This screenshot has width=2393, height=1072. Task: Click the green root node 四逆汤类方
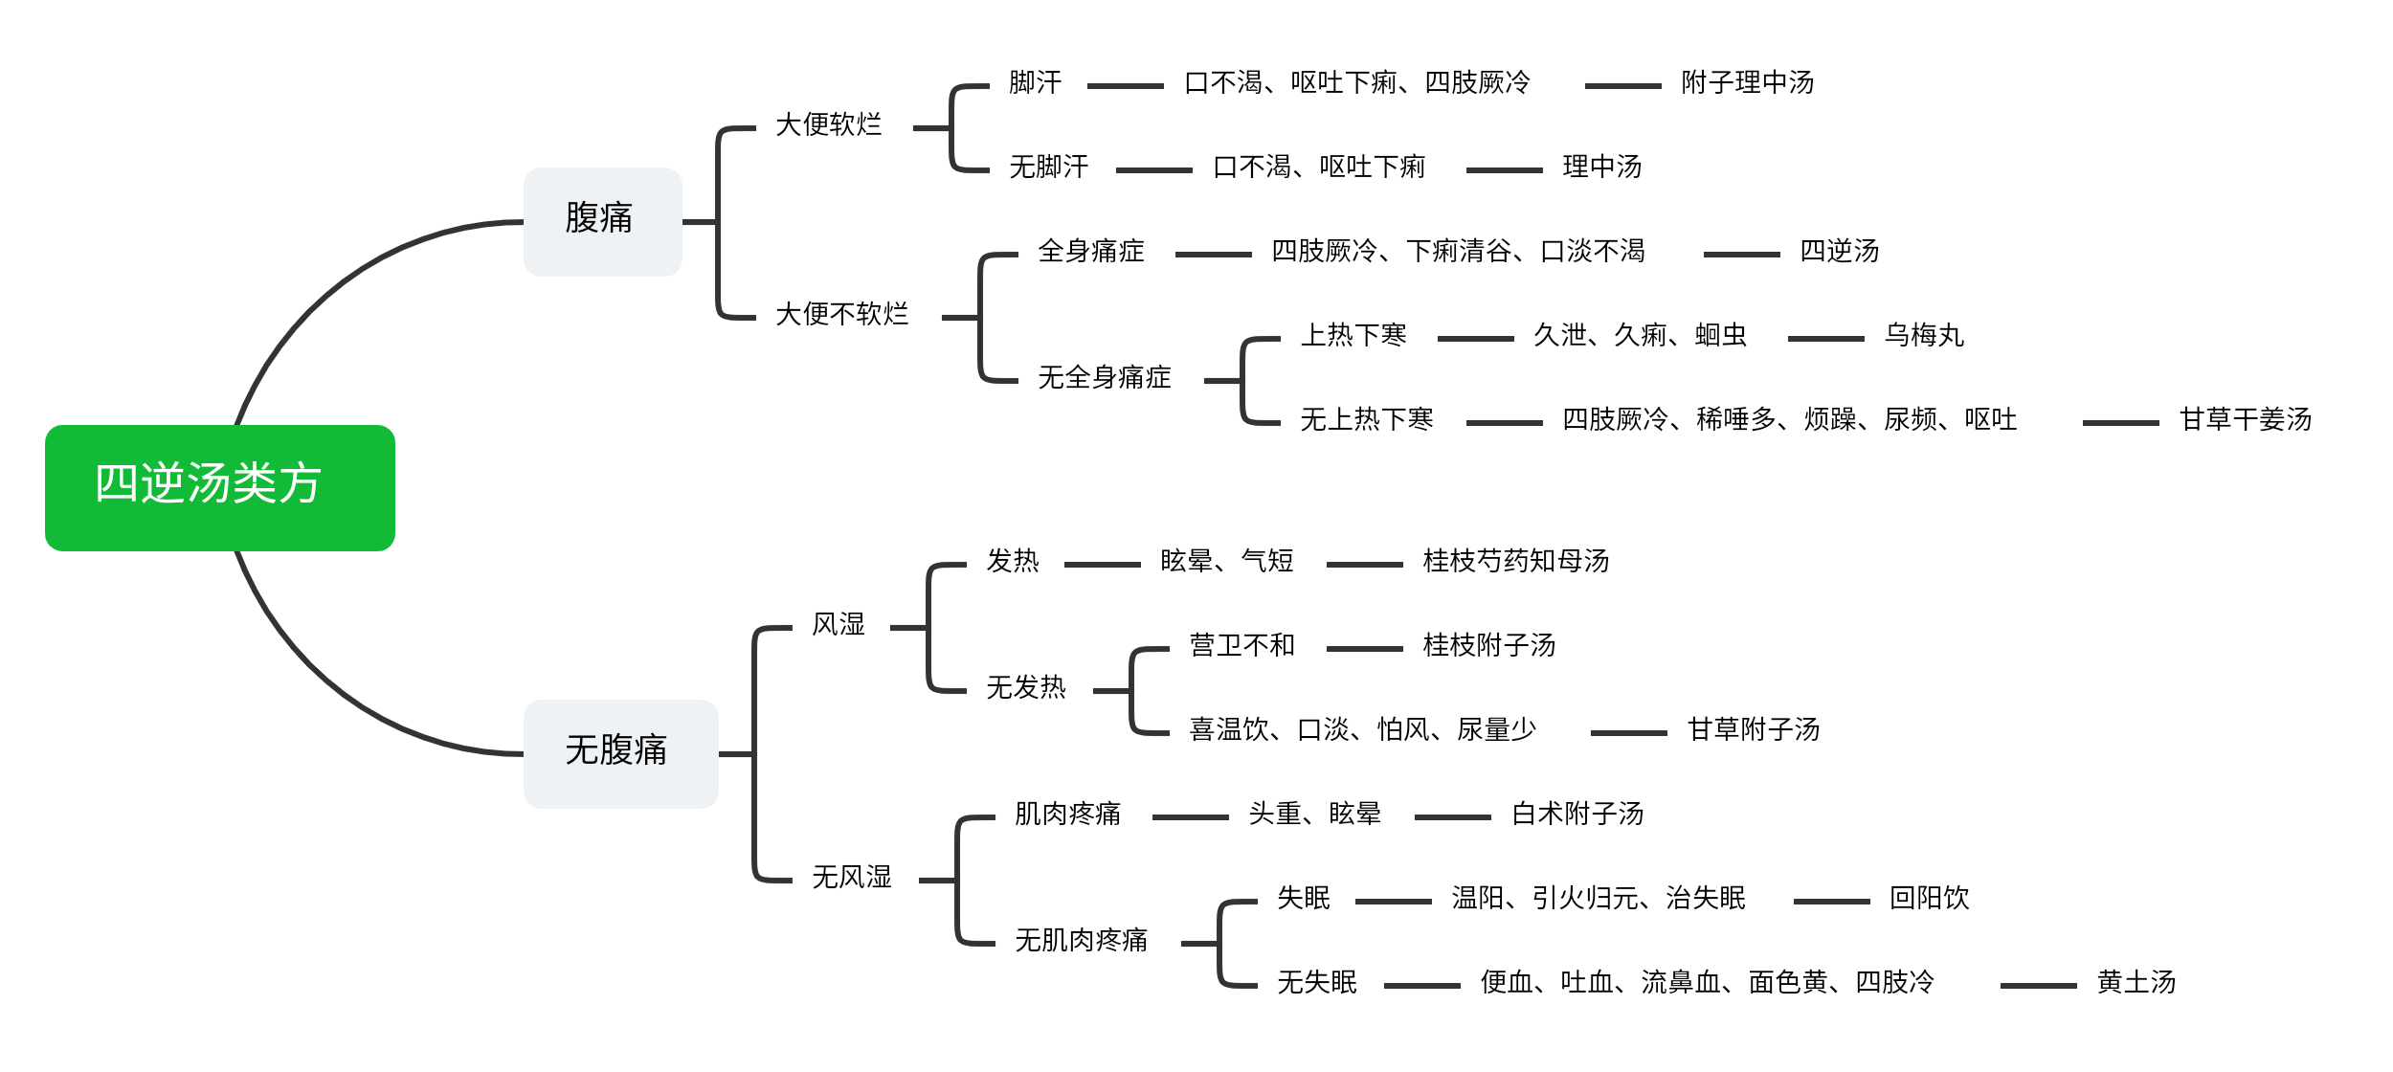tap(220, 487)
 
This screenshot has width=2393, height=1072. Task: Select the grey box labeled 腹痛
tap(603, 222)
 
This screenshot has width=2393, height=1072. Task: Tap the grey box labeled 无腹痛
tap(621, 754)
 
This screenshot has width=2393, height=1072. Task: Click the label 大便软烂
tap(829, 124)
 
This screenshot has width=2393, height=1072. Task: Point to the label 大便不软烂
tap(842, 314)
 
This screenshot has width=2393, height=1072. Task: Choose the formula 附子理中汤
tap(1748, 82)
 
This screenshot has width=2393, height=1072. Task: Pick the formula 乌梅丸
tap(1924, 335)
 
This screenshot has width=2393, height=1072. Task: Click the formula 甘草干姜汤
tap(2246, 419)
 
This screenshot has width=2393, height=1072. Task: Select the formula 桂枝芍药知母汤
tap(1516, 561)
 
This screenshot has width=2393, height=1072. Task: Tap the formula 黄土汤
tap(2136, 982)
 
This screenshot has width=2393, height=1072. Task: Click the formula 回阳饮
tap(1930, 898)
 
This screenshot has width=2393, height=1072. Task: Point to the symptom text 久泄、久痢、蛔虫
tap(1641, 335)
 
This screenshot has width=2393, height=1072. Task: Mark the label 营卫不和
tap(1242, 645)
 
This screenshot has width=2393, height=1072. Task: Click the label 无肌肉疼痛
tap(1082, 940)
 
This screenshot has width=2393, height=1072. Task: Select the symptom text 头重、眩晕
tap(1315, 814)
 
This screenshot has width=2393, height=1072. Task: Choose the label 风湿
tap(839, 624)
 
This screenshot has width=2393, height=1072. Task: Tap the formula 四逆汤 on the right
tap(1840, 251)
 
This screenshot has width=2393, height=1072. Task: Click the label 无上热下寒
tap(1367, 419)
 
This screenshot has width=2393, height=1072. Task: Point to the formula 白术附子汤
tap(1577, 814)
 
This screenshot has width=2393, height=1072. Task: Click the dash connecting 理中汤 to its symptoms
tap(1505, 170)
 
